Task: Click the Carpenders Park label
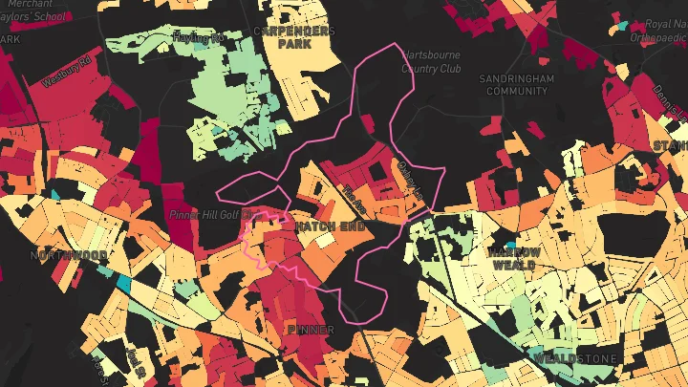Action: [x=294, y=37]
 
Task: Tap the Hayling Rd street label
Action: [x=198, y=38]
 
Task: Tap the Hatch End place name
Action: [x=329, y=226]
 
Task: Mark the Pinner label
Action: [x=311, y=330]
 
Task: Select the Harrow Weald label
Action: [x=515, y=258]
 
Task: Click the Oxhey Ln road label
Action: [x=407, y=180]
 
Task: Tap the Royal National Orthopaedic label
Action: [x=658, y=32]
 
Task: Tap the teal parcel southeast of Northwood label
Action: [x=123, y=283]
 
